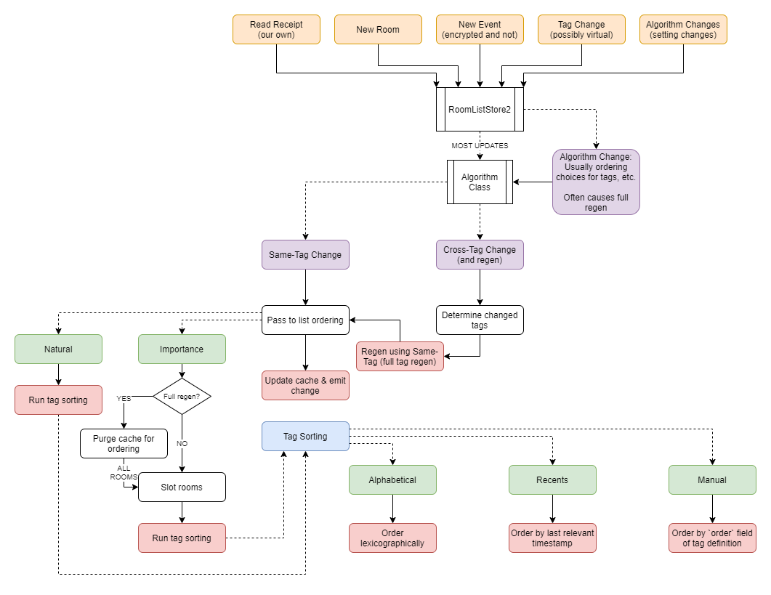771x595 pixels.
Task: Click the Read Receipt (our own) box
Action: [x=276, y=30]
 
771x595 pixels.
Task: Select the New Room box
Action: [x=378, y=30]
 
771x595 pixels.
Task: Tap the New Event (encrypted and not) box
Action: [x=480, y=30]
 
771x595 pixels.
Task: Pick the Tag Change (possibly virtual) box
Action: [x=581, y=30]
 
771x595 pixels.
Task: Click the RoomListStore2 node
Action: [x=480, y=109]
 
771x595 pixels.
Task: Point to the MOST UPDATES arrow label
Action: [x=480, y=146]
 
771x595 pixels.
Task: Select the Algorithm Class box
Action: [x=480, y=182]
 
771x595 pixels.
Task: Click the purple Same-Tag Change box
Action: [x=305, y=255]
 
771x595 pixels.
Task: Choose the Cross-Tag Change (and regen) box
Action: [x=480, y=255]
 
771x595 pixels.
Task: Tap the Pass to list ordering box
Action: [x=305, y=320]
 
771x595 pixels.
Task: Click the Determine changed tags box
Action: [x=480, y=320]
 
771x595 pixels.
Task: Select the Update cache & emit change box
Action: [x=305, y=386]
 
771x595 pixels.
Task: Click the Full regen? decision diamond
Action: [x=182, y=397]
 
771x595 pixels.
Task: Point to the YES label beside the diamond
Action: [x=124, y=399]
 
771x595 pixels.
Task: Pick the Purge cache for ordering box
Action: [x=124, y=444]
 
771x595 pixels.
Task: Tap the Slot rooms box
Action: [x=182, y=487]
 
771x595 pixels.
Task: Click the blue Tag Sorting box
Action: [x=305, y=437]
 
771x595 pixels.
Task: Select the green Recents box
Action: [x=552, y=480]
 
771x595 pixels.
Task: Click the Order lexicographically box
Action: [x=392, y=538]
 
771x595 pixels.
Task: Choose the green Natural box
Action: [x=58, y=349]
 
